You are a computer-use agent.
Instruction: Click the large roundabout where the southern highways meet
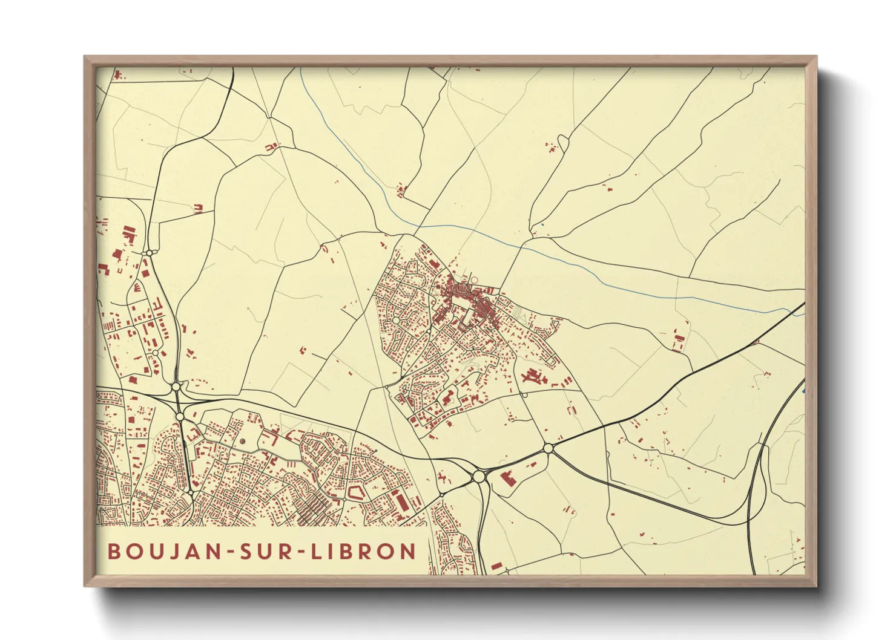point(479,477)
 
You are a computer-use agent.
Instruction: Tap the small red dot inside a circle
point(243,442)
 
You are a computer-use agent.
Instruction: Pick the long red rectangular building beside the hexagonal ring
point(399,501)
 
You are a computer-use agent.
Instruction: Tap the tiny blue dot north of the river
point(543,225)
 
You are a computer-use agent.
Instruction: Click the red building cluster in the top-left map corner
point(117,75)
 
